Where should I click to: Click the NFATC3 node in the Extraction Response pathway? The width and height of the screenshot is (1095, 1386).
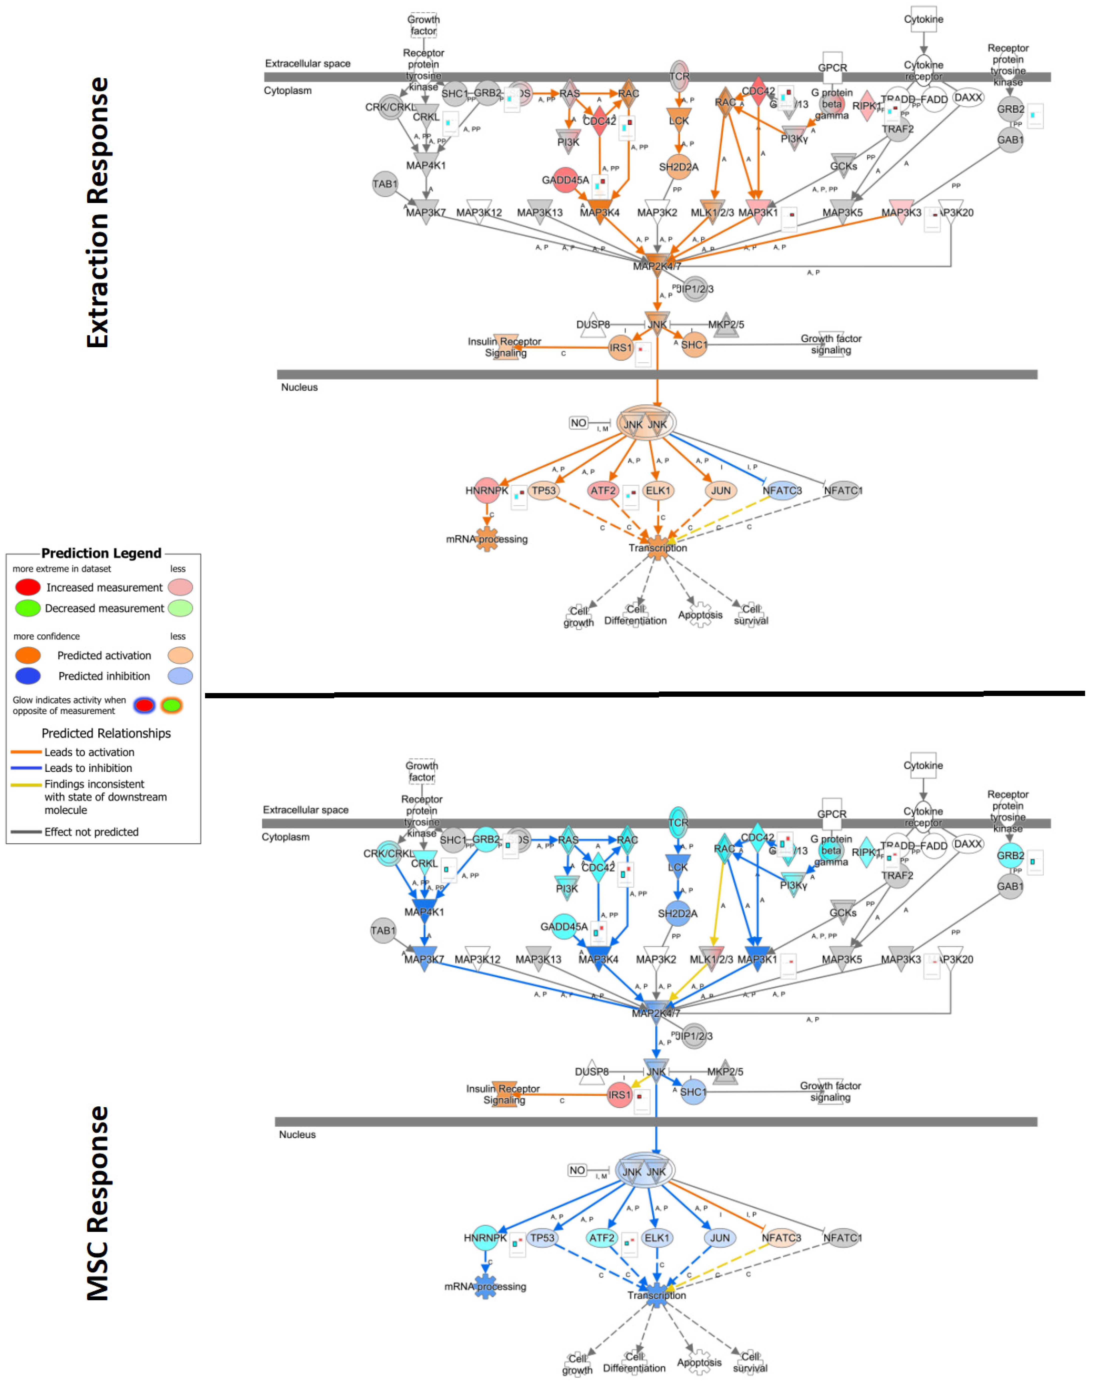point(781,491)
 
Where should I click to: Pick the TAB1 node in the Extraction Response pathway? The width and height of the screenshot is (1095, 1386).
point(385,184)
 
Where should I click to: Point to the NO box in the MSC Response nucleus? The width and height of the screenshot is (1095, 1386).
point(577,1170)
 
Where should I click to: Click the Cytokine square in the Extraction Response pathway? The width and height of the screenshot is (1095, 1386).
point(923,19)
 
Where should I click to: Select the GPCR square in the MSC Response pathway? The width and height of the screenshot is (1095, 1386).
point(831,813)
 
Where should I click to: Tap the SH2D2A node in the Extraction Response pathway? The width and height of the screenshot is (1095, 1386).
point(678,167)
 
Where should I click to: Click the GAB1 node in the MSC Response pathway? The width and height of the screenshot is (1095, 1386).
point(1010,886)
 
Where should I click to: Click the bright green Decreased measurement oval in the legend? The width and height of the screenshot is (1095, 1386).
point(27,608)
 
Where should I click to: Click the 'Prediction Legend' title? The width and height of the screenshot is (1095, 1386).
point(101,553)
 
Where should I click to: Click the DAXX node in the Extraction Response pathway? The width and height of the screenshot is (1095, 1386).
point(967,98)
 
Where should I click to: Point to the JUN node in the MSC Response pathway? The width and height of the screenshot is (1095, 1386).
point(719,1238)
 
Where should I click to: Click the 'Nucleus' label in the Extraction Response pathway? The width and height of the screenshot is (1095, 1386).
point(299,387)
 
